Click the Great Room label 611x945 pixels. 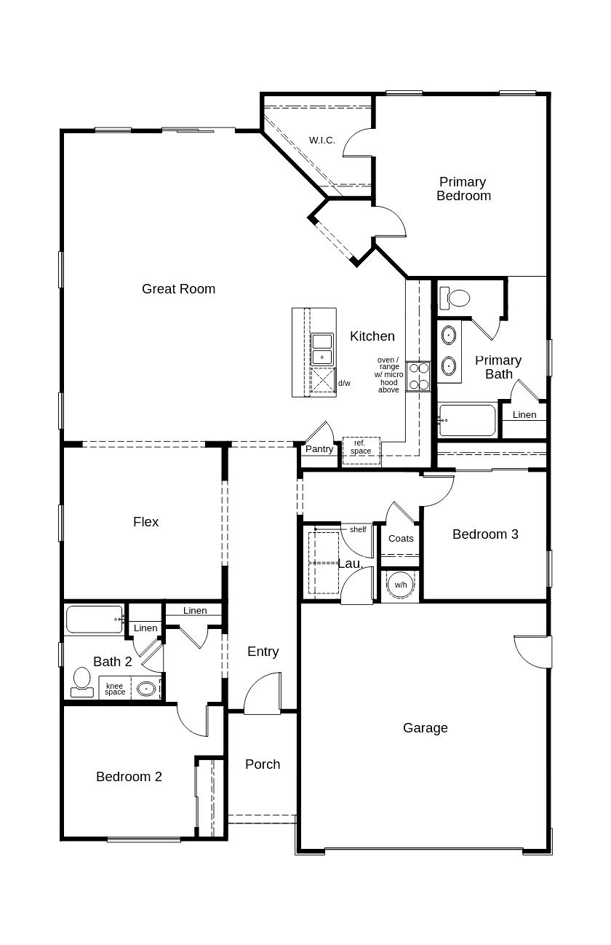(178, 289)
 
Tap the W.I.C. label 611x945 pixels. (322, 140)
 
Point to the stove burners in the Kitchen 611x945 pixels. (418, 376)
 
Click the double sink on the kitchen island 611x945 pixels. (322, 349)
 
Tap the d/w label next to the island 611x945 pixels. (344, 383)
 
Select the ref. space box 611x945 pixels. (361, 447)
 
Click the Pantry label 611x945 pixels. (319, 449)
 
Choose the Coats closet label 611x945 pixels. (401, 539)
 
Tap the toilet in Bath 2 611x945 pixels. (81, 682)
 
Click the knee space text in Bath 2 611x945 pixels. (115, 689)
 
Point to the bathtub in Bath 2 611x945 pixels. (95, 620)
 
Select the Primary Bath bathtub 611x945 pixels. (467, 420)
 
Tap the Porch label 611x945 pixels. (263, 764)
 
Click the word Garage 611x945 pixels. (426, 728)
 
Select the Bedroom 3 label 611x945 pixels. (485, 534)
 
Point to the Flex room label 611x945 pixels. (145, 522)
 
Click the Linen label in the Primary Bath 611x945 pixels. (524, 415)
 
